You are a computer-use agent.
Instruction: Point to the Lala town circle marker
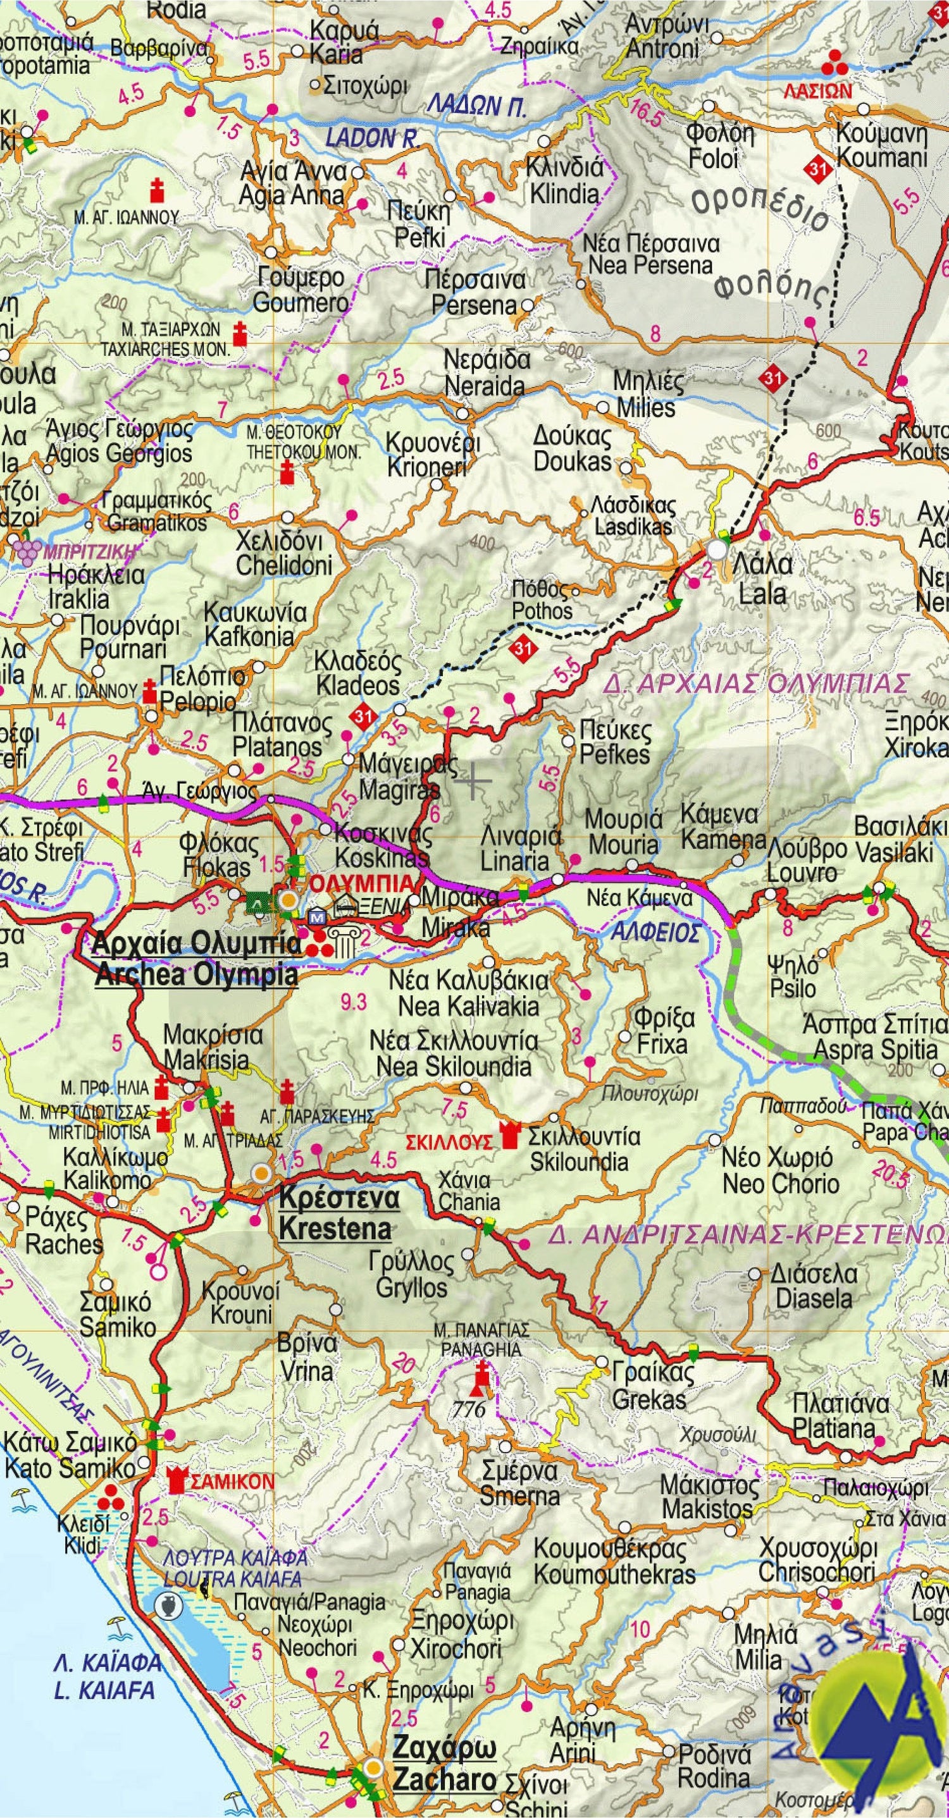pyautogui.click(x=717, y=549)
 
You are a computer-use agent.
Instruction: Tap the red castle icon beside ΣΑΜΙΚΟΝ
pyautogui.click(x=178, y=1480)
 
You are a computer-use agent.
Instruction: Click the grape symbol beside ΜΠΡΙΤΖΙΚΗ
pyautogui.click(x=26, y=551)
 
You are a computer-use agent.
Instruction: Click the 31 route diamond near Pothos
pyautogui.click(x=523, y=648)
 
